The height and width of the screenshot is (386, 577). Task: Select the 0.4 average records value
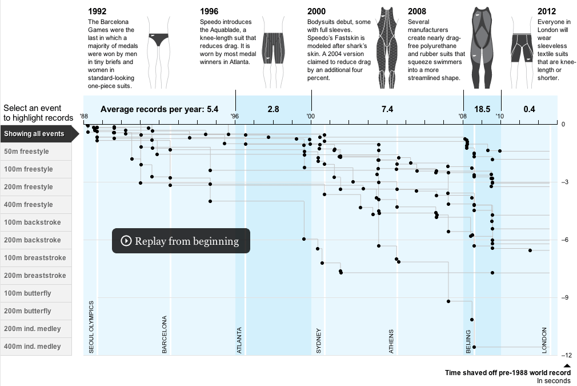click(529, 109)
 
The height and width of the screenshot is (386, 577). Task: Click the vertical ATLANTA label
click(239, 340)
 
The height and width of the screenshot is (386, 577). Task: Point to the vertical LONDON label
click(544, 340)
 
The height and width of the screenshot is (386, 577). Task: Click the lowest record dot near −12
click(474, 347)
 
